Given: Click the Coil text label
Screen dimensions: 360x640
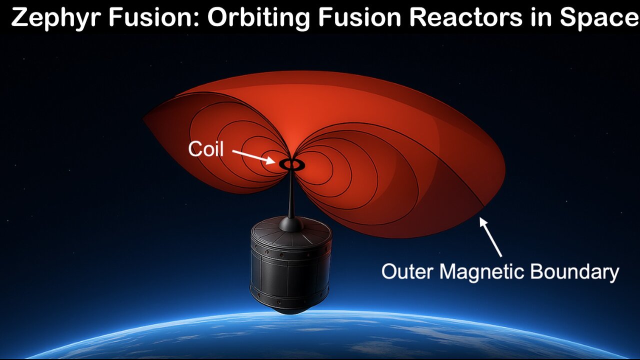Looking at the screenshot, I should click(205, 149).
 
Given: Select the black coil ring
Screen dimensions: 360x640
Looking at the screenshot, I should click(289, 163).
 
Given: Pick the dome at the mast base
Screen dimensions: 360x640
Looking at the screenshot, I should click(290, 223).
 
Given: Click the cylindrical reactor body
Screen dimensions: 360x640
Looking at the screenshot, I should click(290, 270).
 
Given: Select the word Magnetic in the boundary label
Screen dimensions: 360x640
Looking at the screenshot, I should click(480, 272).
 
